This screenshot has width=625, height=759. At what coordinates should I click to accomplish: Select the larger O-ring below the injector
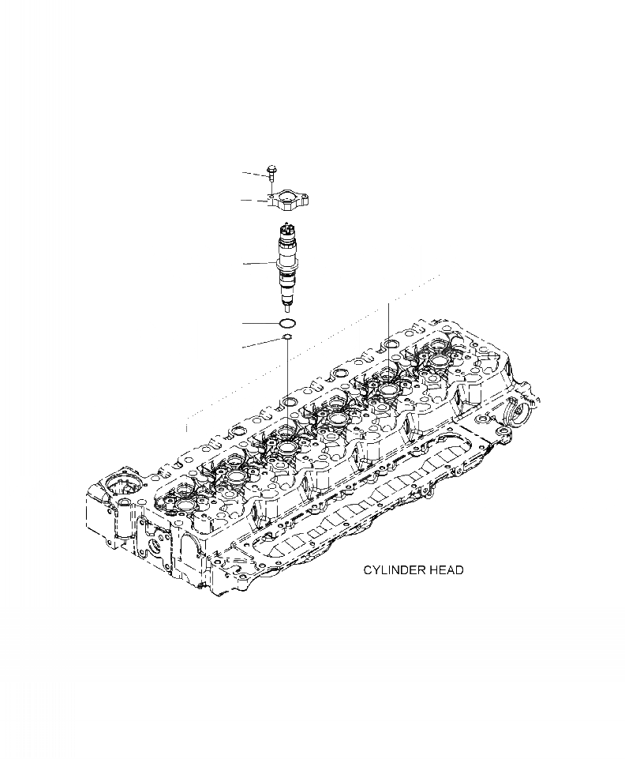pyautogui.click(x=288, y=324)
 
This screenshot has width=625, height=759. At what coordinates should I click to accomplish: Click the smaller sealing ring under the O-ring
pyautogui.click(x=288, y=340)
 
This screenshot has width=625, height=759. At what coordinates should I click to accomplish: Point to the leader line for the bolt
pyautogui.click(x=255, y=172)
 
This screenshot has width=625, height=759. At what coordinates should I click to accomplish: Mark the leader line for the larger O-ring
pyautogui.click(x=259, y=324)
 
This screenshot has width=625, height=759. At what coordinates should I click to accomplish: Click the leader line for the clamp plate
pyautogui.click(x=254, y=201)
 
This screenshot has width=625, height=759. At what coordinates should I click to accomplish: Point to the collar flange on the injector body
pyautogui.click(x=287, y=265)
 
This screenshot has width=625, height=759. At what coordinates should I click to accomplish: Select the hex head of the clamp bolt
pyautogui.click(x=272, y=167)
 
